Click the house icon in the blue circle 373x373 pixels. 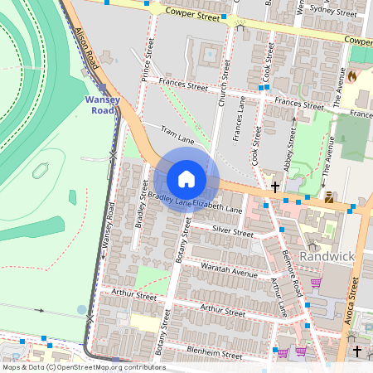click(x=186, y=179)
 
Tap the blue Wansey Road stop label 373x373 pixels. click(x=103, y=105)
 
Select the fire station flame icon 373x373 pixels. click(x=351, y=76)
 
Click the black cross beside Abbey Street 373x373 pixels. click(x=275, y=187)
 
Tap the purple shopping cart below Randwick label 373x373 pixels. click(x=315, y=283)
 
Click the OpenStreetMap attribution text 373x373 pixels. click(x=83, y=367)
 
